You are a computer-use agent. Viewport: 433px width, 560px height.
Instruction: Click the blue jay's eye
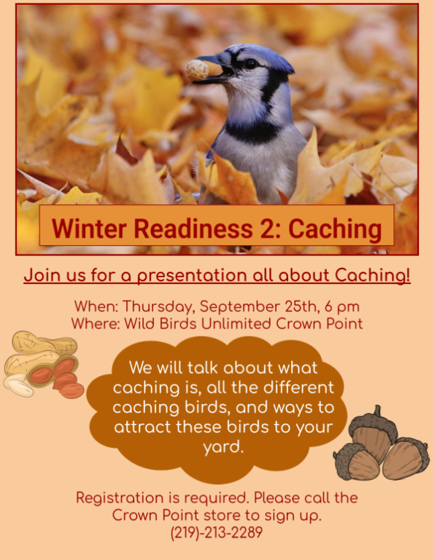(250, 64)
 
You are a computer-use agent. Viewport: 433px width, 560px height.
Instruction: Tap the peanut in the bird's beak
(197, 70)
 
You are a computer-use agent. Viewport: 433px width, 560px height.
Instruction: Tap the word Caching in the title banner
(335, 228)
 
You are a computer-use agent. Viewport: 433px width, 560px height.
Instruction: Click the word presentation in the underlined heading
(193, 275)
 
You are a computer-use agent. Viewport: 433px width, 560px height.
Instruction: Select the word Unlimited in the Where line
(236, 324)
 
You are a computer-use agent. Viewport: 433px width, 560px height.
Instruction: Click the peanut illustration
(44, 365)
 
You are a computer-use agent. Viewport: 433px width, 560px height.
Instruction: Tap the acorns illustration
(381, 445)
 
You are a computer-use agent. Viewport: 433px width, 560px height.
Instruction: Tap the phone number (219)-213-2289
(217, 532)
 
